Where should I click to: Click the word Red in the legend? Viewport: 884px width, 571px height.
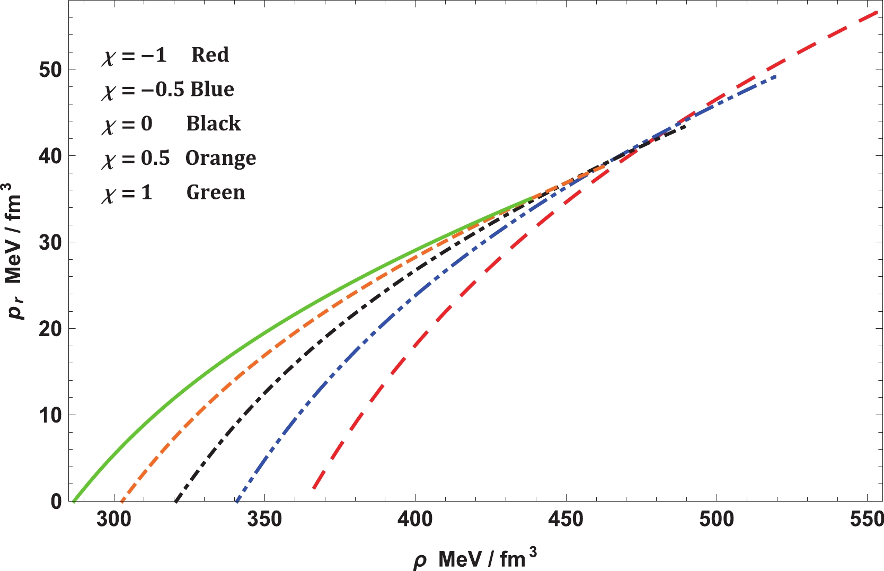(210, 55)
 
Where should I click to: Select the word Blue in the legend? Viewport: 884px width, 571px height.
(212, 89)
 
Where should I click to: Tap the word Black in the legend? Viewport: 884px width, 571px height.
(214, 124)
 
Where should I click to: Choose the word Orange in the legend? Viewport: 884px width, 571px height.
(220, 159)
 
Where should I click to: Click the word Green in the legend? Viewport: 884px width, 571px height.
(216, 192)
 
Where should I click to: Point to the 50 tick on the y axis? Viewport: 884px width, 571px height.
(50, 69)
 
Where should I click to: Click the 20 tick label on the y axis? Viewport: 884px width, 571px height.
(50, 329)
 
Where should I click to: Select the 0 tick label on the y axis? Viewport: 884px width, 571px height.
(56, 502)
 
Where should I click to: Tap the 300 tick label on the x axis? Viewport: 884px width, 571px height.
(114, 520)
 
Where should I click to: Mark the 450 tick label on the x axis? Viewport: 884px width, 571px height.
(566, 520)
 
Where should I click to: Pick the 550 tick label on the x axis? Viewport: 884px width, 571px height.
(867, 520)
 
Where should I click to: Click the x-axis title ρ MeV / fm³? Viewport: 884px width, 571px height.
(475, 558)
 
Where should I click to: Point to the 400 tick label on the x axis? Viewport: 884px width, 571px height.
(415, 520)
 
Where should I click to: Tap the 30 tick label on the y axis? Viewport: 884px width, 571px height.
(50, 242)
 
